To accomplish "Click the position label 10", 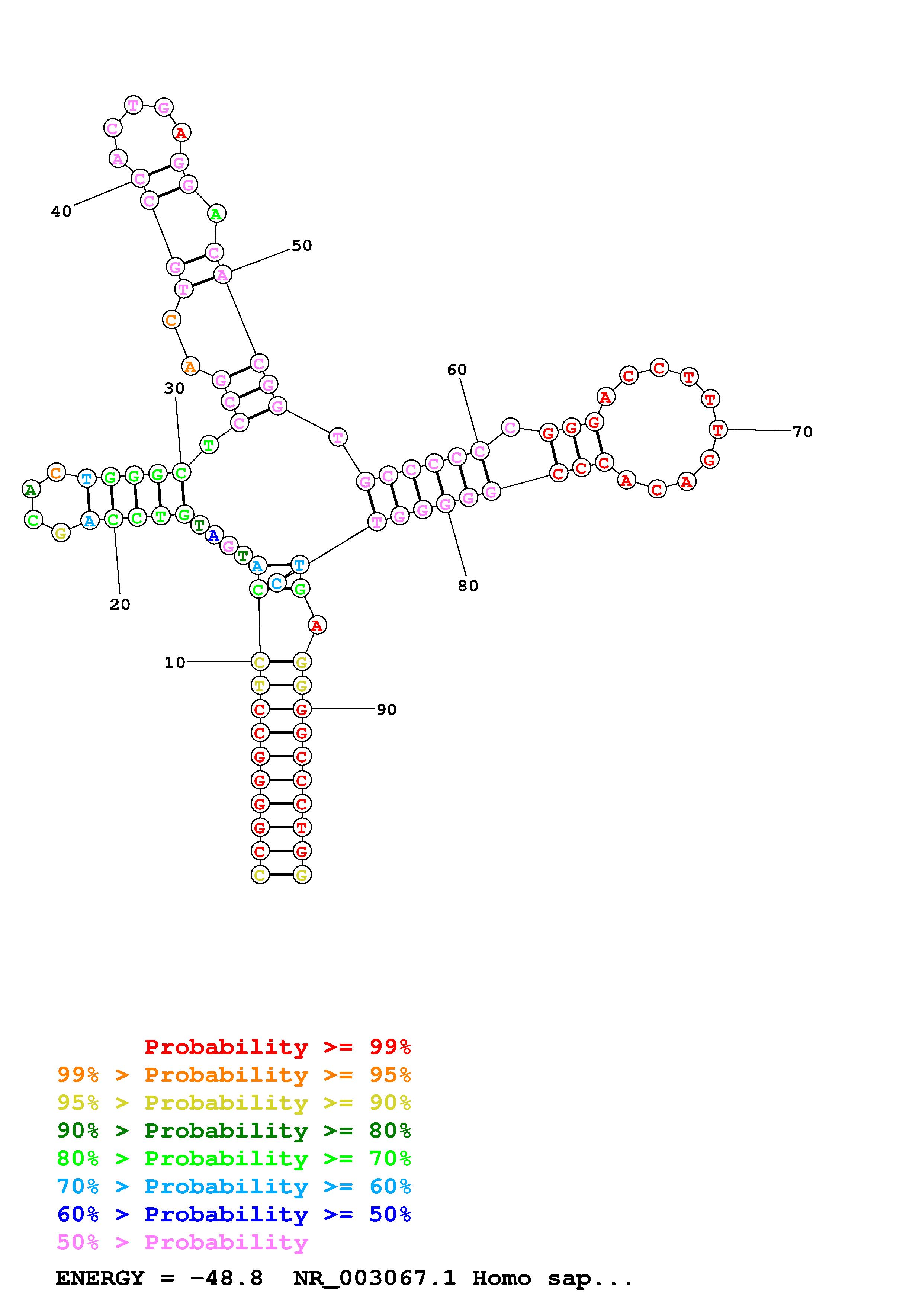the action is point(175,662).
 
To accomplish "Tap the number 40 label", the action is point(61,211).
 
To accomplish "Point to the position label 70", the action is point(802,432).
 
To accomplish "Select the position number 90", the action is point(386,709).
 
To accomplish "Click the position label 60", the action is point(457,370).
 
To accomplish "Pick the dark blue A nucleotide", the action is point(213,535).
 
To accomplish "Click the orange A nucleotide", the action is point(190,366).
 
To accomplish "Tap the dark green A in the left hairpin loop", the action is point(30,489).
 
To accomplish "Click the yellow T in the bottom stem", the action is point(260,686).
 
